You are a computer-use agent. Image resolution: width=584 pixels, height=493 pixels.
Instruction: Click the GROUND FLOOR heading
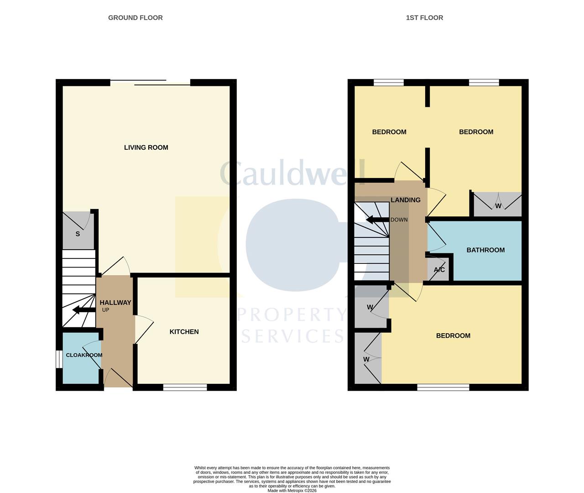(135, 18)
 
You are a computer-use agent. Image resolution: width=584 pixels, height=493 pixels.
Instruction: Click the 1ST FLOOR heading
(424, 18)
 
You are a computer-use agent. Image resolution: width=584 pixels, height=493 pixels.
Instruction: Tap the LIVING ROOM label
(146, 147)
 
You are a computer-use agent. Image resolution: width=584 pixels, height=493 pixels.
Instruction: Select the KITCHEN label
(184, 332)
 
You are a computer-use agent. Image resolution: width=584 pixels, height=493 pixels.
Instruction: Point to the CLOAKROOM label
(84, 355)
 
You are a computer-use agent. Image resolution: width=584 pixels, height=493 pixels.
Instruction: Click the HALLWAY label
(115, 303)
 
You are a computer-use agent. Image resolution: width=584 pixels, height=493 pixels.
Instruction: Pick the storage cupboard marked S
(78, 233)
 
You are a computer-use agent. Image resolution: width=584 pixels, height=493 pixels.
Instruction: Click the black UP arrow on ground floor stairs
(81, 310)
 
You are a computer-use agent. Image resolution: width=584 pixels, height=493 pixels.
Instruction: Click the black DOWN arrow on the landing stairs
(376, 220)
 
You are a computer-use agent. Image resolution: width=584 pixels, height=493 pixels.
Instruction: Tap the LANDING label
(406, 200)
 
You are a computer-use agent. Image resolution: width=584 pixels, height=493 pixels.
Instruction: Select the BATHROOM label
(485, 250)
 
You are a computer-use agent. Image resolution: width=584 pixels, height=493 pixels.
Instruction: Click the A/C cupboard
(439, 270)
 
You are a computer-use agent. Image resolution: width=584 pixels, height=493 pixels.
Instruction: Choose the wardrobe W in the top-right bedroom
(498, 205)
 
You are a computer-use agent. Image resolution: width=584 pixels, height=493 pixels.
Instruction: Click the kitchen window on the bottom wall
(185, 388)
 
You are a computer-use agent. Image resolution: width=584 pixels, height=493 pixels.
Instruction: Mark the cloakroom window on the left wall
(59, 359)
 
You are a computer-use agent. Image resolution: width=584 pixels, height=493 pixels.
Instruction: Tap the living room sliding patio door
(151, 83)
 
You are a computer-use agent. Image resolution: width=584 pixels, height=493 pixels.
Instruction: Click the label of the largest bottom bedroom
(453, 336)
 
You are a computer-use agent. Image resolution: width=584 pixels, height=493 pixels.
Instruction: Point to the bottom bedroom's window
(443, 388)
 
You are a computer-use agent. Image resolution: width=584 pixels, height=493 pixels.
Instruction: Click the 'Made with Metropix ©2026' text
(292, 491)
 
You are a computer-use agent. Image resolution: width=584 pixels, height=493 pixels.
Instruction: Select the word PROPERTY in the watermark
(292, 315)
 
